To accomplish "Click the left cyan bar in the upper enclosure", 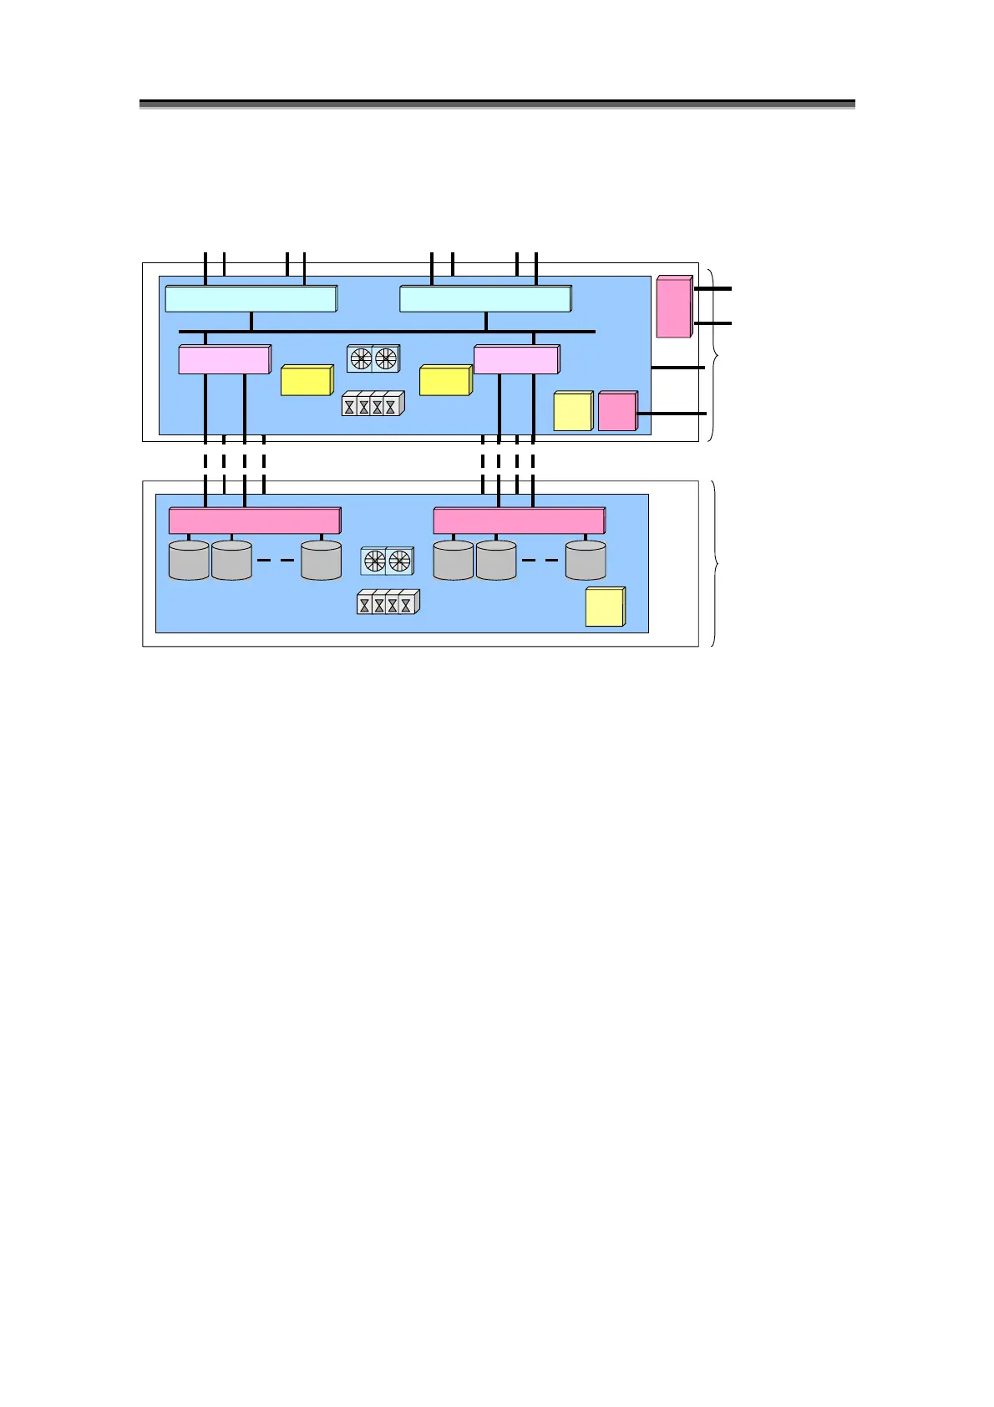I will (x=251, y=299).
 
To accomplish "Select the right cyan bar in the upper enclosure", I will (x=485, y=299).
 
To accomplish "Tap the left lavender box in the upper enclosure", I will (x=224, y=359).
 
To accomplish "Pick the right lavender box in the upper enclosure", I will (x=516, y=359).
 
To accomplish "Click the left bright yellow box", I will (x=307, y=380).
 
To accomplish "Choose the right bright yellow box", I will (x=445, y=380).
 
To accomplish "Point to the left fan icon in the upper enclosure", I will (x=361, y=359).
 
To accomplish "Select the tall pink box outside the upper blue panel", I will (x=673, y=307).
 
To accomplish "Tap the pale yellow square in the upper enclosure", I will (x=573, y=412).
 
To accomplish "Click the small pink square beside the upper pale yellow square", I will (x=617, y=412).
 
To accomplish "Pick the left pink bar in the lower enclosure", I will (x=254, y=521).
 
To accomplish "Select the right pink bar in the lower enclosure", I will (x=519, y=521).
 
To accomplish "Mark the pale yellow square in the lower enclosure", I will (x=605, y=607).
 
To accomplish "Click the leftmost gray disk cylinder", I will (x=189, y=561).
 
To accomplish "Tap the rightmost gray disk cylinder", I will (x=586, y=561).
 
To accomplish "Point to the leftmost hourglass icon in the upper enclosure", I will (x=350, y=406).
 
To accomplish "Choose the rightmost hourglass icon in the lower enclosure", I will (x=407, y=604).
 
